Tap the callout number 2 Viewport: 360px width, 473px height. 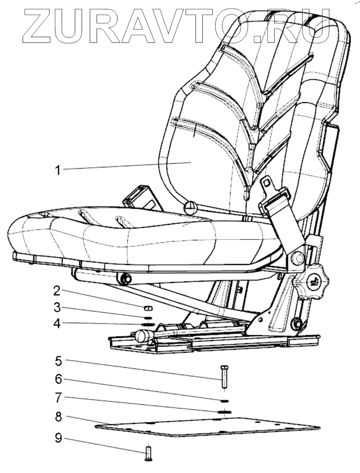click(x=57, y=291)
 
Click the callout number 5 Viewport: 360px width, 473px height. click(x=58, y=361)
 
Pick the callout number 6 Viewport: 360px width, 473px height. click(x=58, y=379)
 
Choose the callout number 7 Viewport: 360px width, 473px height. click(x=58, y=397)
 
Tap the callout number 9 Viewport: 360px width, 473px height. click(x=58, y=440)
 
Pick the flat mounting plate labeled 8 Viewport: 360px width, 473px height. click(x=207, y=427)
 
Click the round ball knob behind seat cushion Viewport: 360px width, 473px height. click(x=189, y=208)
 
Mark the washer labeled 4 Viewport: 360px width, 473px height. click(x=148, y=324)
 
